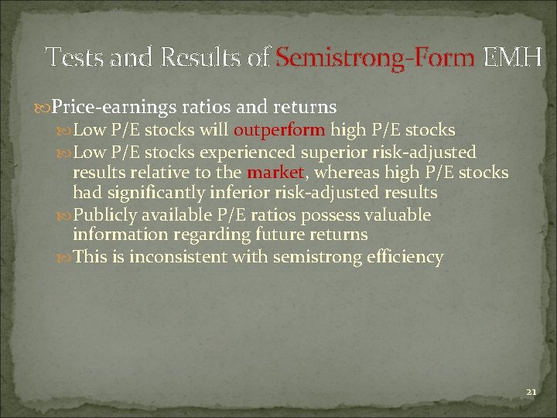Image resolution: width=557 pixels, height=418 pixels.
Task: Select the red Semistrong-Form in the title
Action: click(x=375, y=57)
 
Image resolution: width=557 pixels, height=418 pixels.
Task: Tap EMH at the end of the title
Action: click(x=511, y=57)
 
